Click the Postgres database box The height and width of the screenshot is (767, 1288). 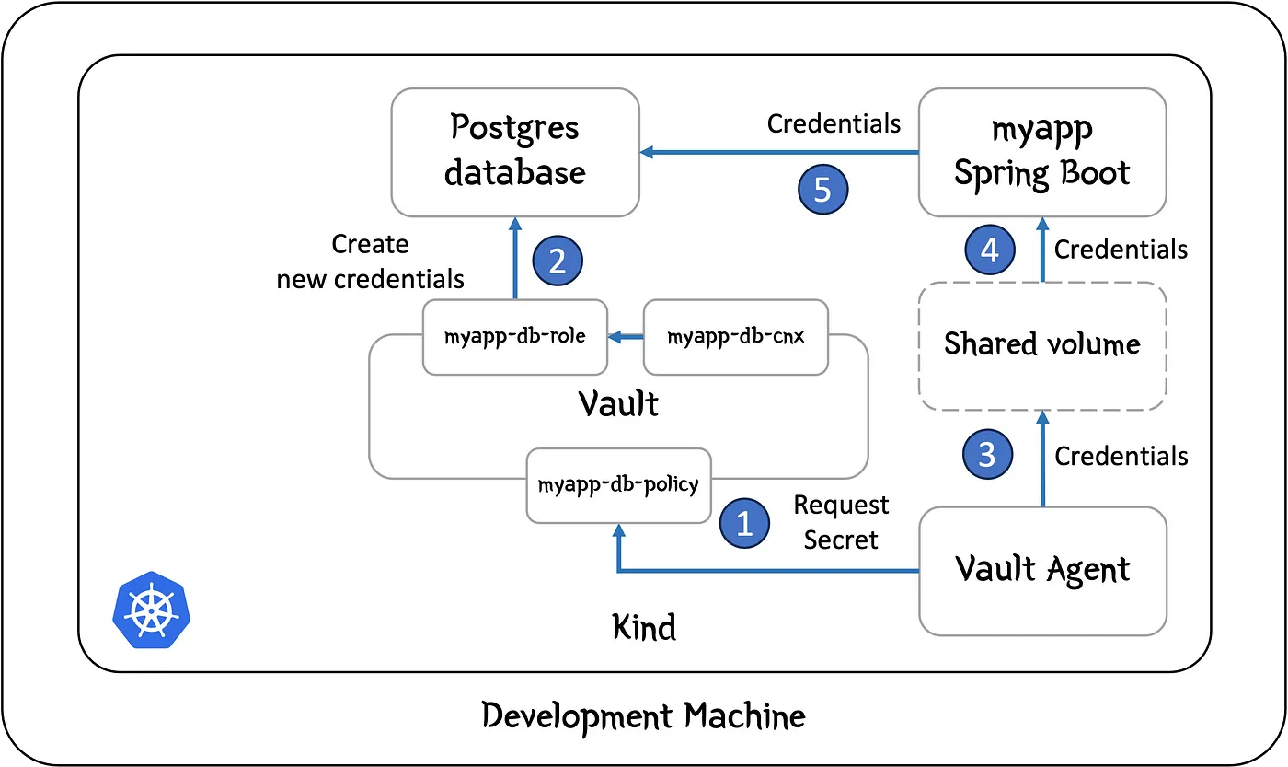[515, 153]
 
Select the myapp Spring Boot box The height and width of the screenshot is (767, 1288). [1041, 153]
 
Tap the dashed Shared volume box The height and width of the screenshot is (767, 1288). [1041, 345]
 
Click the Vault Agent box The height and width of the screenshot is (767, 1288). [1042, 570]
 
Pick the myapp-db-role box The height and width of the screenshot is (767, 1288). [515, 337]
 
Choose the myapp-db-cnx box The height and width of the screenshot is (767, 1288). [735, 337]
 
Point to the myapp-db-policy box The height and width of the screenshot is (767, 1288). [618, 484]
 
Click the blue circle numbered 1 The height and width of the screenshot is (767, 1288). [745, 524]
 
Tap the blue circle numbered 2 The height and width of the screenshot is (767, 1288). [558, 261]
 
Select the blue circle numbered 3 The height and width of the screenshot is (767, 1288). [987, 455]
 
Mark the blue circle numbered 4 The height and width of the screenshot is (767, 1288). [990, 250]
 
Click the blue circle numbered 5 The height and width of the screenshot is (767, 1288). [822, 190]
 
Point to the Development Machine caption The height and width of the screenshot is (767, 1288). [643, 715]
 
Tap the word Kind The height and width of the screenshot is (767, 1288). [644, 628]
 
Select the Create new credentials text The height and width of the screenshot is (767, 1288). [371, 261]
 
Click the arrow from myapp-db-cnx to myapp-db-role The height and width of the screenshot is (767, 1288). [626, 338]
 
